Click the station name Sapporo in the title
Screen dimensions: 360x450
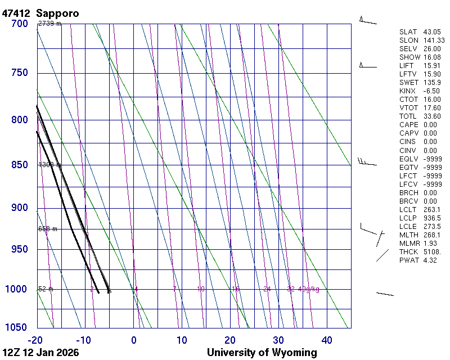(57, 13)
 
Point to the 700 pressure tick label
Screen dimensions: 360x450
(19, 24)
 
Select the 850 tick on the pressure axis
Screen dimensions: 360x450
(19, 165)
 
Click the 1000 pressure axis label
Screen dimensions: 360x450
(17, 289)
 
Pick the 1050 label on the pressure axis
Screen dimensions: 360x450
(17, 328)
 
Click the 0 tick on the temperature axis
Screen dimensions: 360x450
(134, 340)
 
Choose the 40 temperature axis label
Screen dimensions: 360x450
(327, 340)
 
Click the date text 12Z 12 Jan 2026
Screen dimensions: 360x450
(41, 353)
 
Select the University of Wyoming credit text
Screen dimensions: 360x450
(262, 353)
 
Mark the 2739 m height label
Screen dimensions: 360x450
(49, 24)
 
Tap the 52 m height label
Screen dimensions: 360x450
(46, 289)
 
